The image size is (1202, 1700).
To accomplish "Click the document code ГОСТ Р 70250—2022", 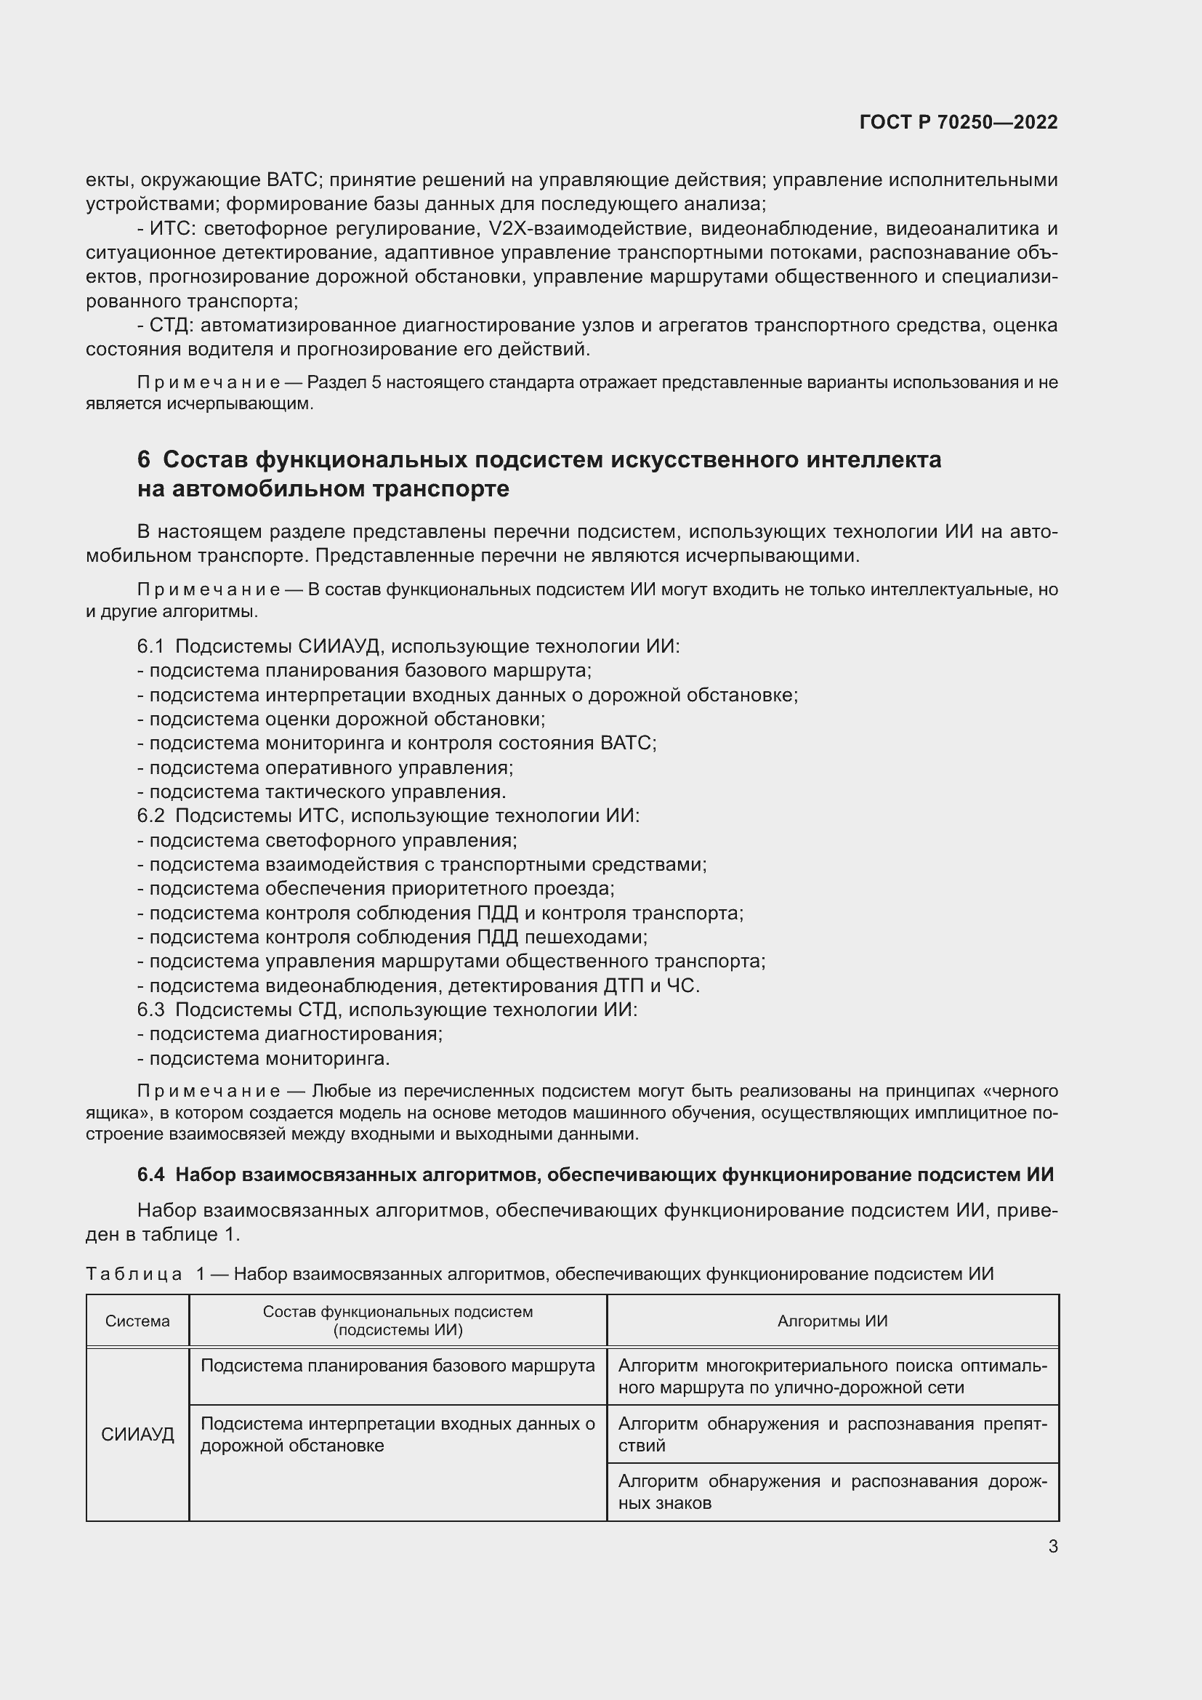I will [x=959, y=122].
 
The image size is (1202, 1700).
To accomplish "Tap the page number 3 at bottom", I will [x=1052, y=1547].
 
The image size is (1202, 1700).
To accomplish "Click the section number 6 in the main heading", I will [x=144, y=460].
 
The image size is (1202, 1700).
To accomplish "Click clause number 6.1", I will [x=150, y=646].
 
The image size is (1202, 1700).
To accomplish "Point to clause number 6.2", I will [x=150, y=816].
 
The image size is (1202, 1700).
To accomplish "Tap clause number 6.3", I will [x=150, y=1010].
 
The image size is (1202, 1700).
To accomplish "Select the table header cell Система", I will [x=137, y=1321].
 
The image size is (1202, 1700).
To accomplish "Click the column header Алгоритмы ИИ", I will [x=832, y=1321].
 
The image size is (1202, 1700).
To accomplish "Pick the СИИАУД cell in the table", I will [x=137, y=1434].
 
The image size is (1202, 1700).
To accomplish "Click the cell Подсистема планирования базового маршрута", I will [x=398, y=1366].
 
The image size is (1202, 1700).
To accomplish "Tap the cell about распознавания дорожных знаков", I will [x=832, y=1492].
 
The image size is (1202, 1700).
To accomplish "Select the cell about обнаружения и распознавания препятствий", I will [x=832, y=1434].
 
